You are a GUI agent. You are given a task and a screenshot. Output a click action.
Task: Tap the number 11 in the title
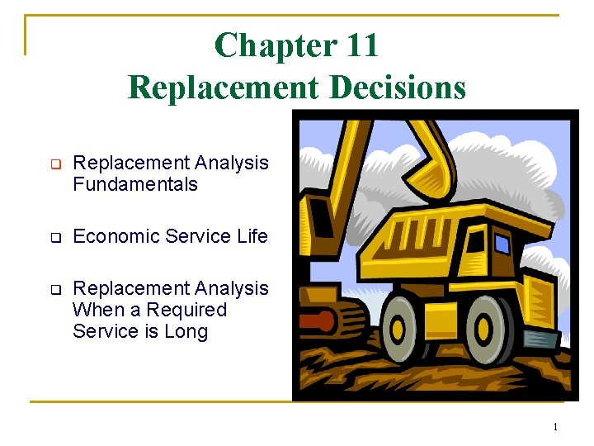pyautogui.click(x=362, y=45)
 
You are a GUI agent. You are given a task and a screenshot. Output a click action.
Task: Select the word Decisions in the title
pyautogui.click(x=403, y=86)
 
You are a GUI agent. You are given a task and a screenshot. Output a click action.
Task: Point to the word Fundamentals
pyautogui.click(x=135, y=184)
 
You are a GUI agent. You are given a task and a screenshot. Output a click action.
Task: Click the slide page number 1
pyautogui.click(x=555, y=427)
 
